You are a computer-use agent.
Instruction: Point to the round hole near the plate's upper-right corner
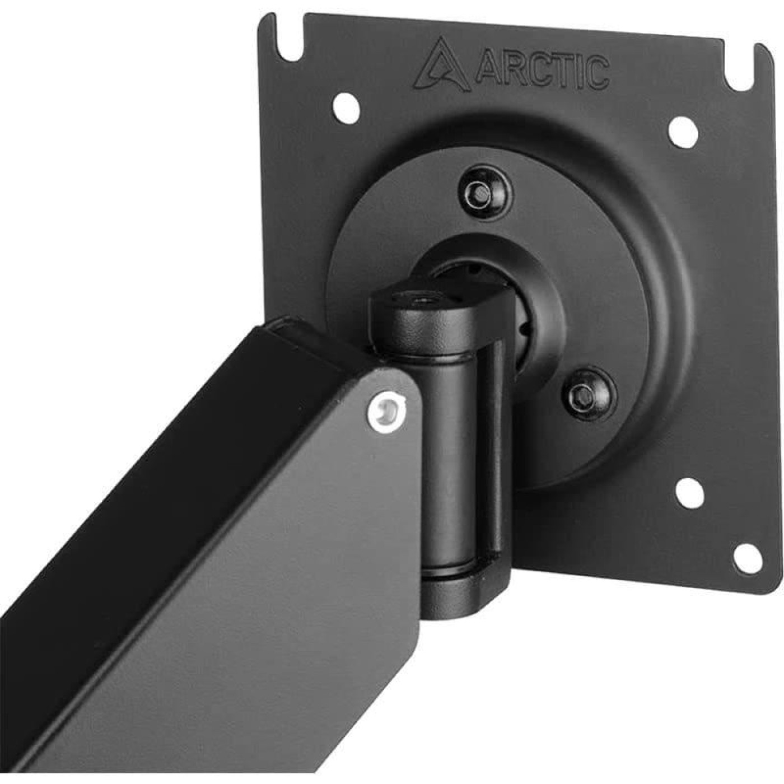[x=683, y=130]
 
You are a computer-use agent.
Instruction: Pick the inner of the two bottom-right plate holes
[x=689, y=492]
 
